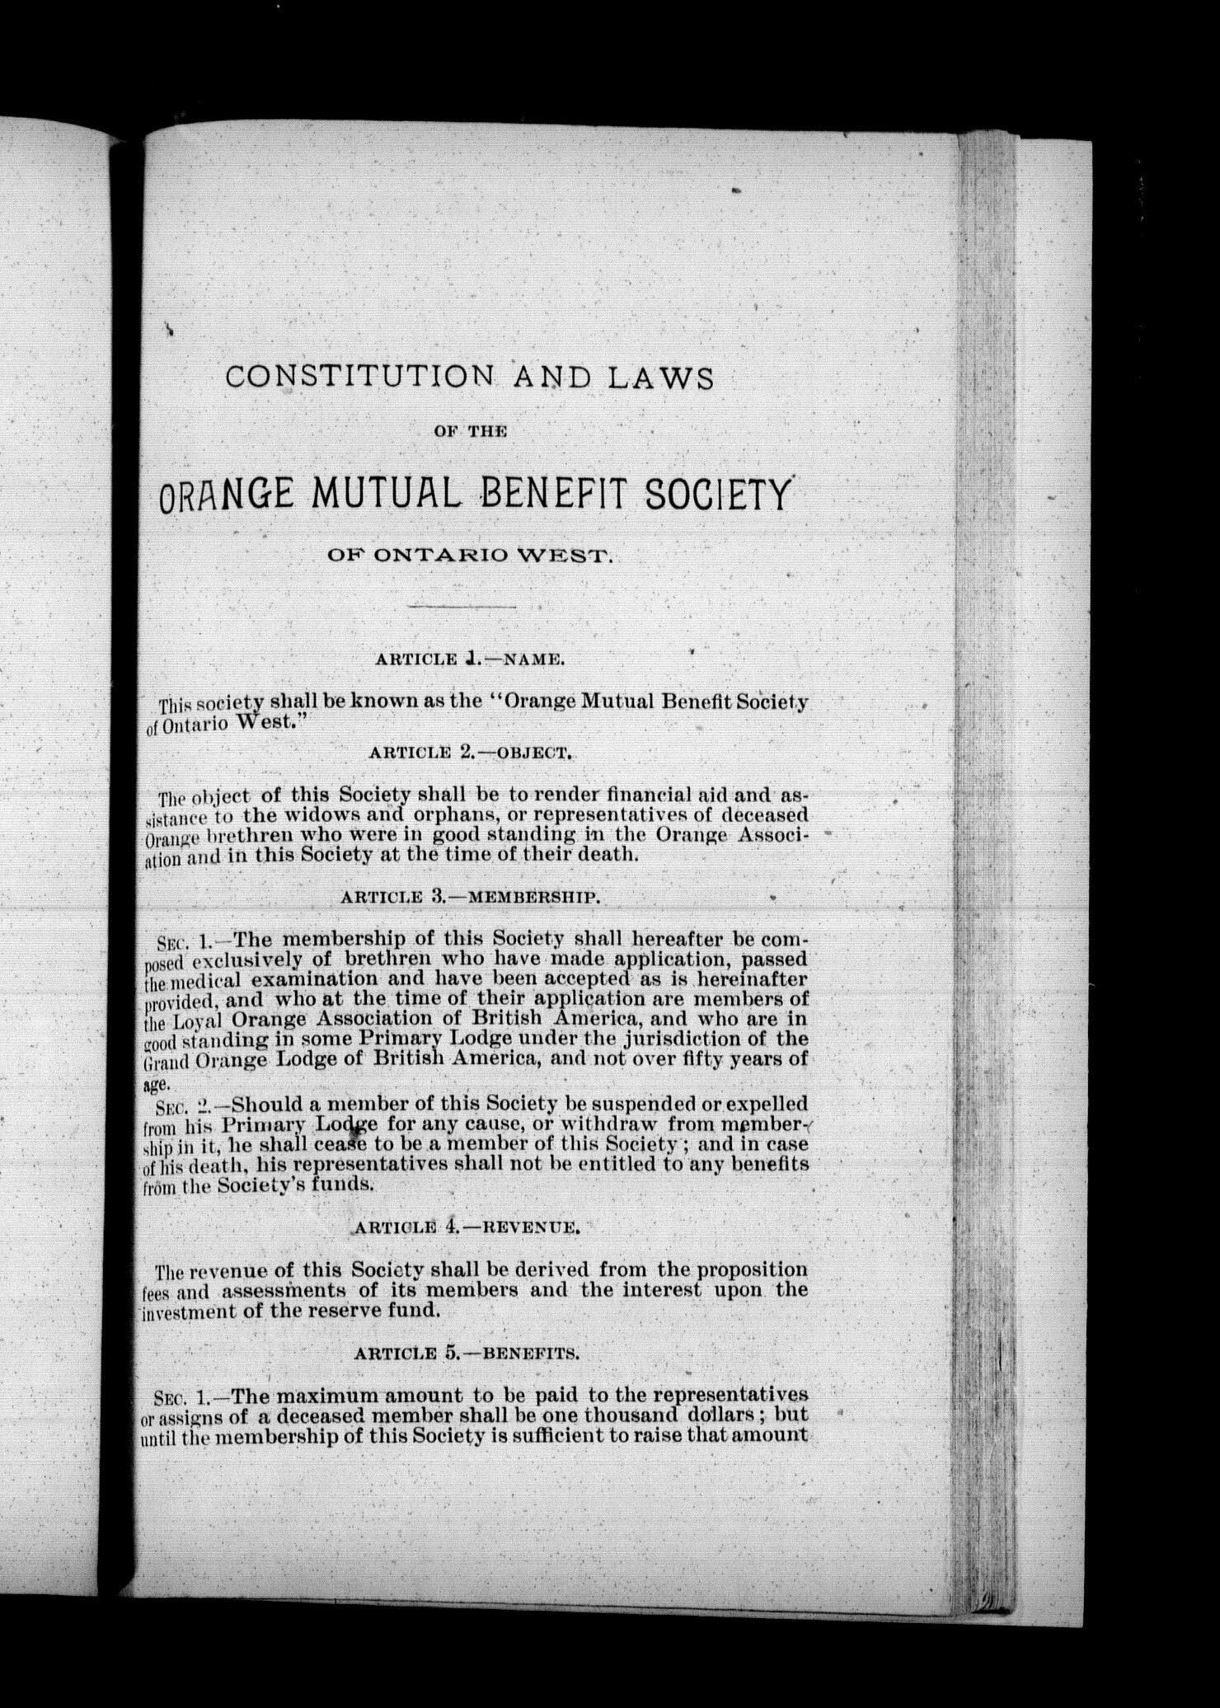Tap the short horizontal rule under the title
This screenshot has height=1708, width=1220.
461,608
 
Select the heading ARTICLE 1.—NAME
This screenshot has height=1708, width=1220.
469,659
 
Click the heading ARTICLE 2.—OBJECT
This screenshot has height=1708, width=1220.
471,752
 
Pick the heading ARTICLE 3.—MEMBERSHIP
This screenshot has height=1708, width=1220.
470,898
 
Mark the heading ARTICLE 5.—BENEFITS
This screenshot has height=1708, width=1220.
466,1354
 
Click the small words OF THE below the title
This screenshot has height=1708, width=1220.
470,432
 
